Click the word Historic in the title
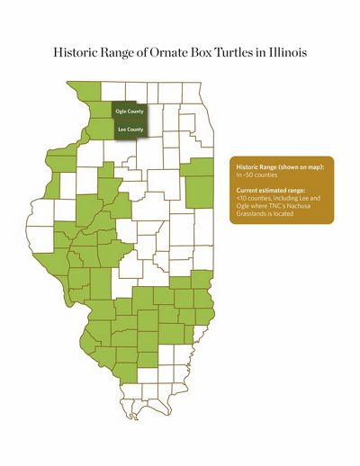point(75,53)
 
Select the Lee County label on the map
point(130,130)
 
